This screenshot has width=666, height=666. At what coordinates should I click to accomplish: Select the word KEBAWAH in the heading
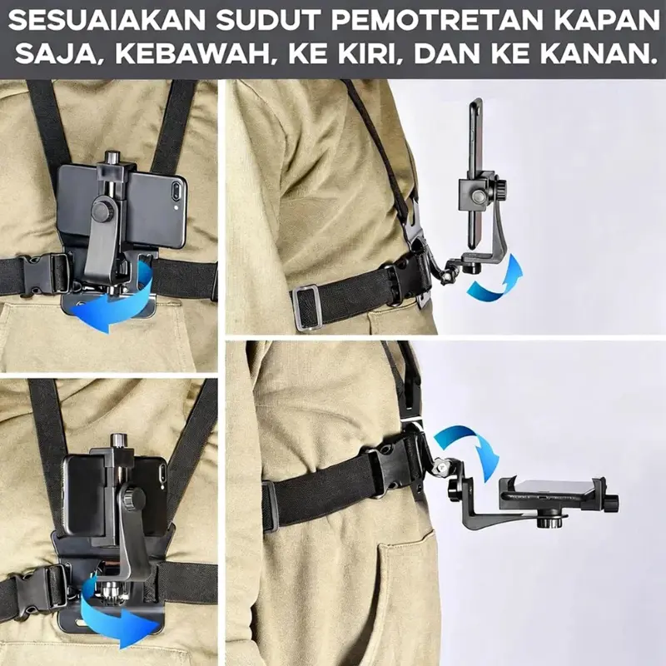tap(193, 53)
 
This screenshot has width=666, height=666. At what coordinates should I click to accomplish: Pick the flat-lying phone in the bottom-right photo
tap(552, 490)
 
